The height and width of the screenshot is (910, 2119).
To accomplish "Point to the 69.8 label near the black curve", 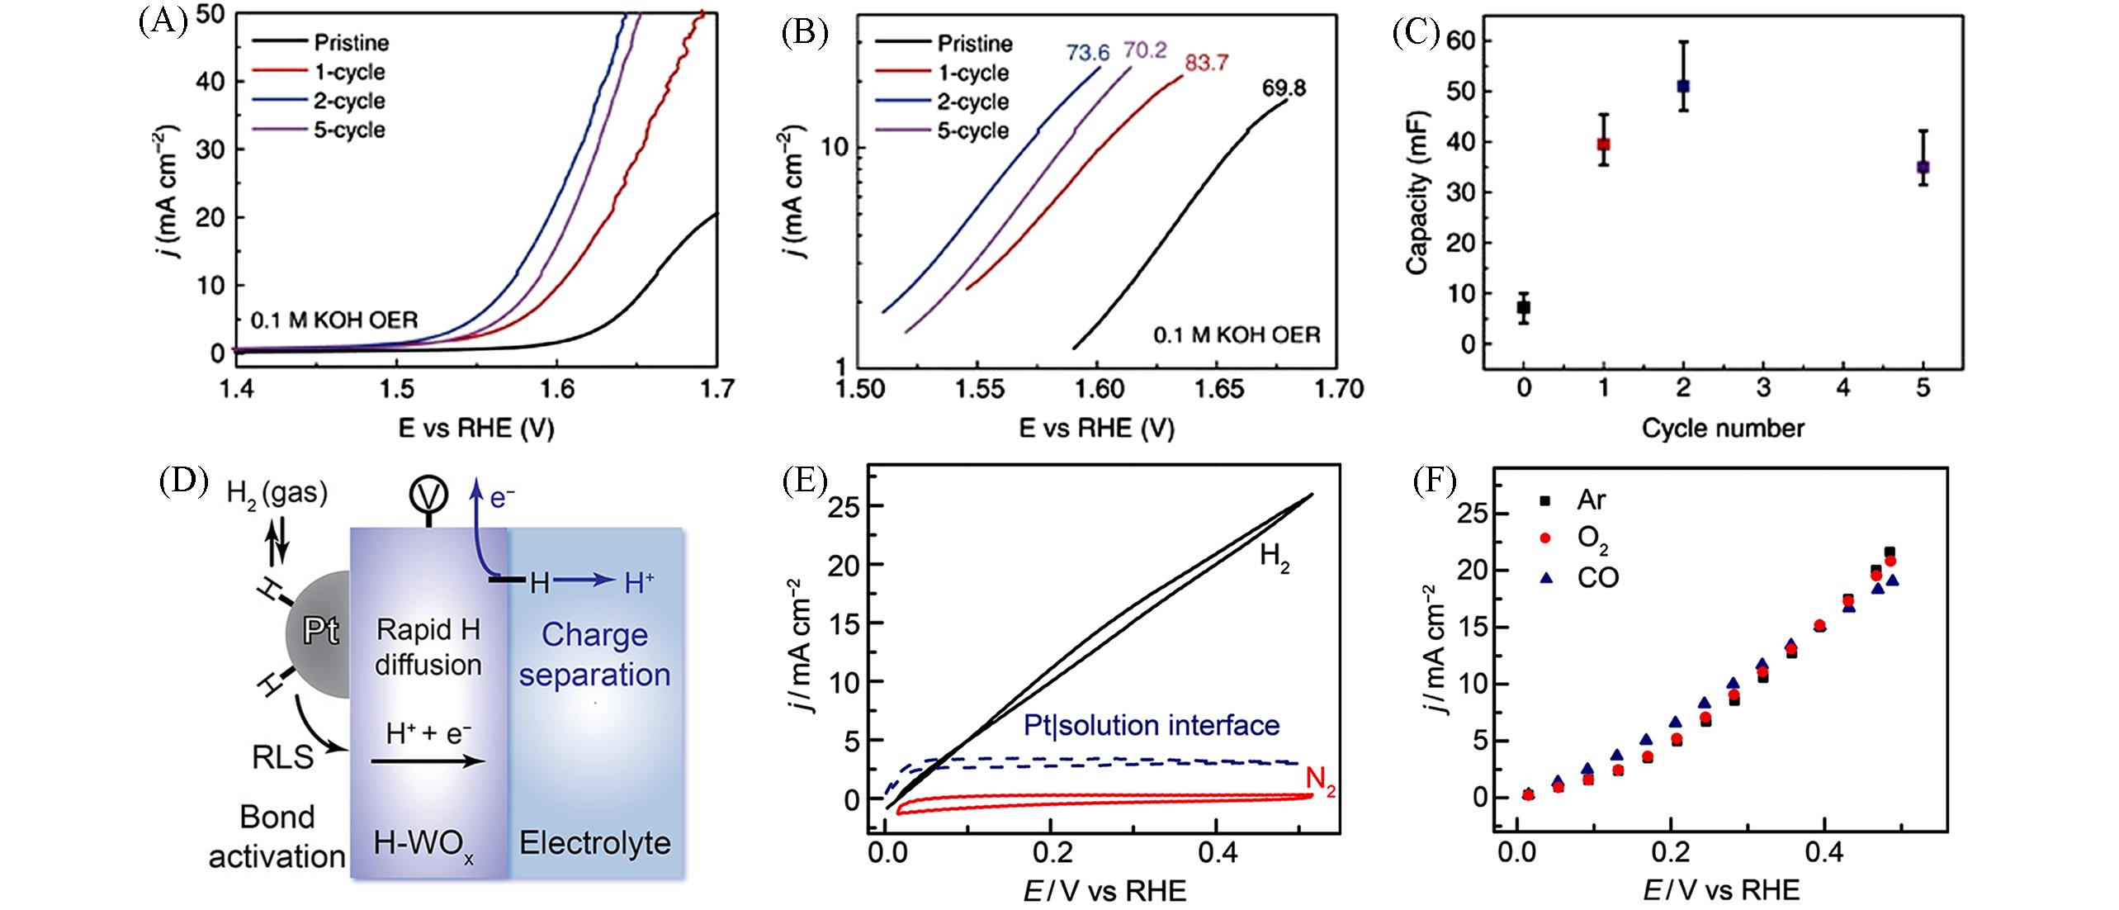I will point(1284,88).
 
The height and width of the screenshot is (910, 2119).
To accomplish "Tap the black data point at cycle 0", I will point(1524,307).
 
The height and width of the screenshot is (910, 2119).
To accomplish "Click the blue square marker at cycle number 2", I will point(1683,86).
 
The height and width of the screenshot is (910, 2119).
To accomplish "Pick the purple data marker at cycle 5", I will point(1923,167).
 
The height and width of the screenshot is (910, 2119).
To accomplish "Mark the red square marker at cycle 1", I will point(1604,144).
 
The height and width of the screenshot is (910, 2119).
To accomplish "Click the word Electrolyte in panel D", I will point(594,843).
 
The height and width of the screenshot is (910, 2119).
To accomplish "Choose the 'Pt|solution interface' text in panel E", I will point(1151,725).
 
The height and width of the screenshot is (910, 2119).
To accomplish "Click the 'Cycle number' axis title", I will point(1723,428).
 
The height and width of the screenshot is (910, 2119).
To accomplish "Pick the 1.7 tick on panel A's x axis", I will point(717,390).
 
